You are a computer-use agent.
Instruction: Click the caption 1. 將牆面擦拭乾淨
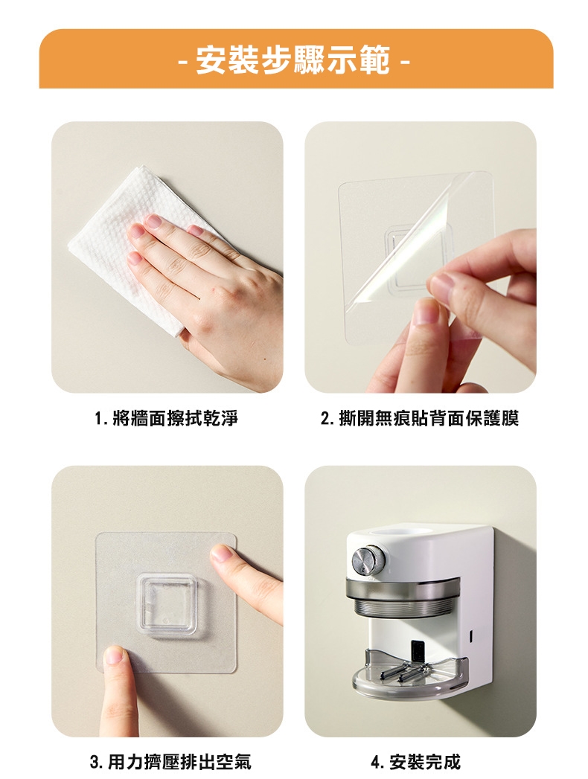pos(166,418)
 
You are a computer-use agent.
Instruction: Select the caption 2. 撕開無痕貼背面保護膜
pos(420,418)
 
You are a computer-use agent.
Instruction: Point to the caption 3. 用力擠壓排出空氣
pos(170,761)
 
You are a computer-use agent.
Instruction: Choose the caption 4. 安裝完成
pos(416,761)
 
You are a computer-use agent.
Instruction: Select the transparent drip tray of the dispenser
pos(409,670)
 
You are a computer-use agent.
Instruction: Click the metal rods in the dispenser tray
pos(403,672)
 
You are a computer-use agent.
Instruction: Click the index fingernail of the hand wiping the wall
pos(153,220)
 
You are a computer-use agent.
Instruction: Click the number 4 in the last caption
pos(376,762)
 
